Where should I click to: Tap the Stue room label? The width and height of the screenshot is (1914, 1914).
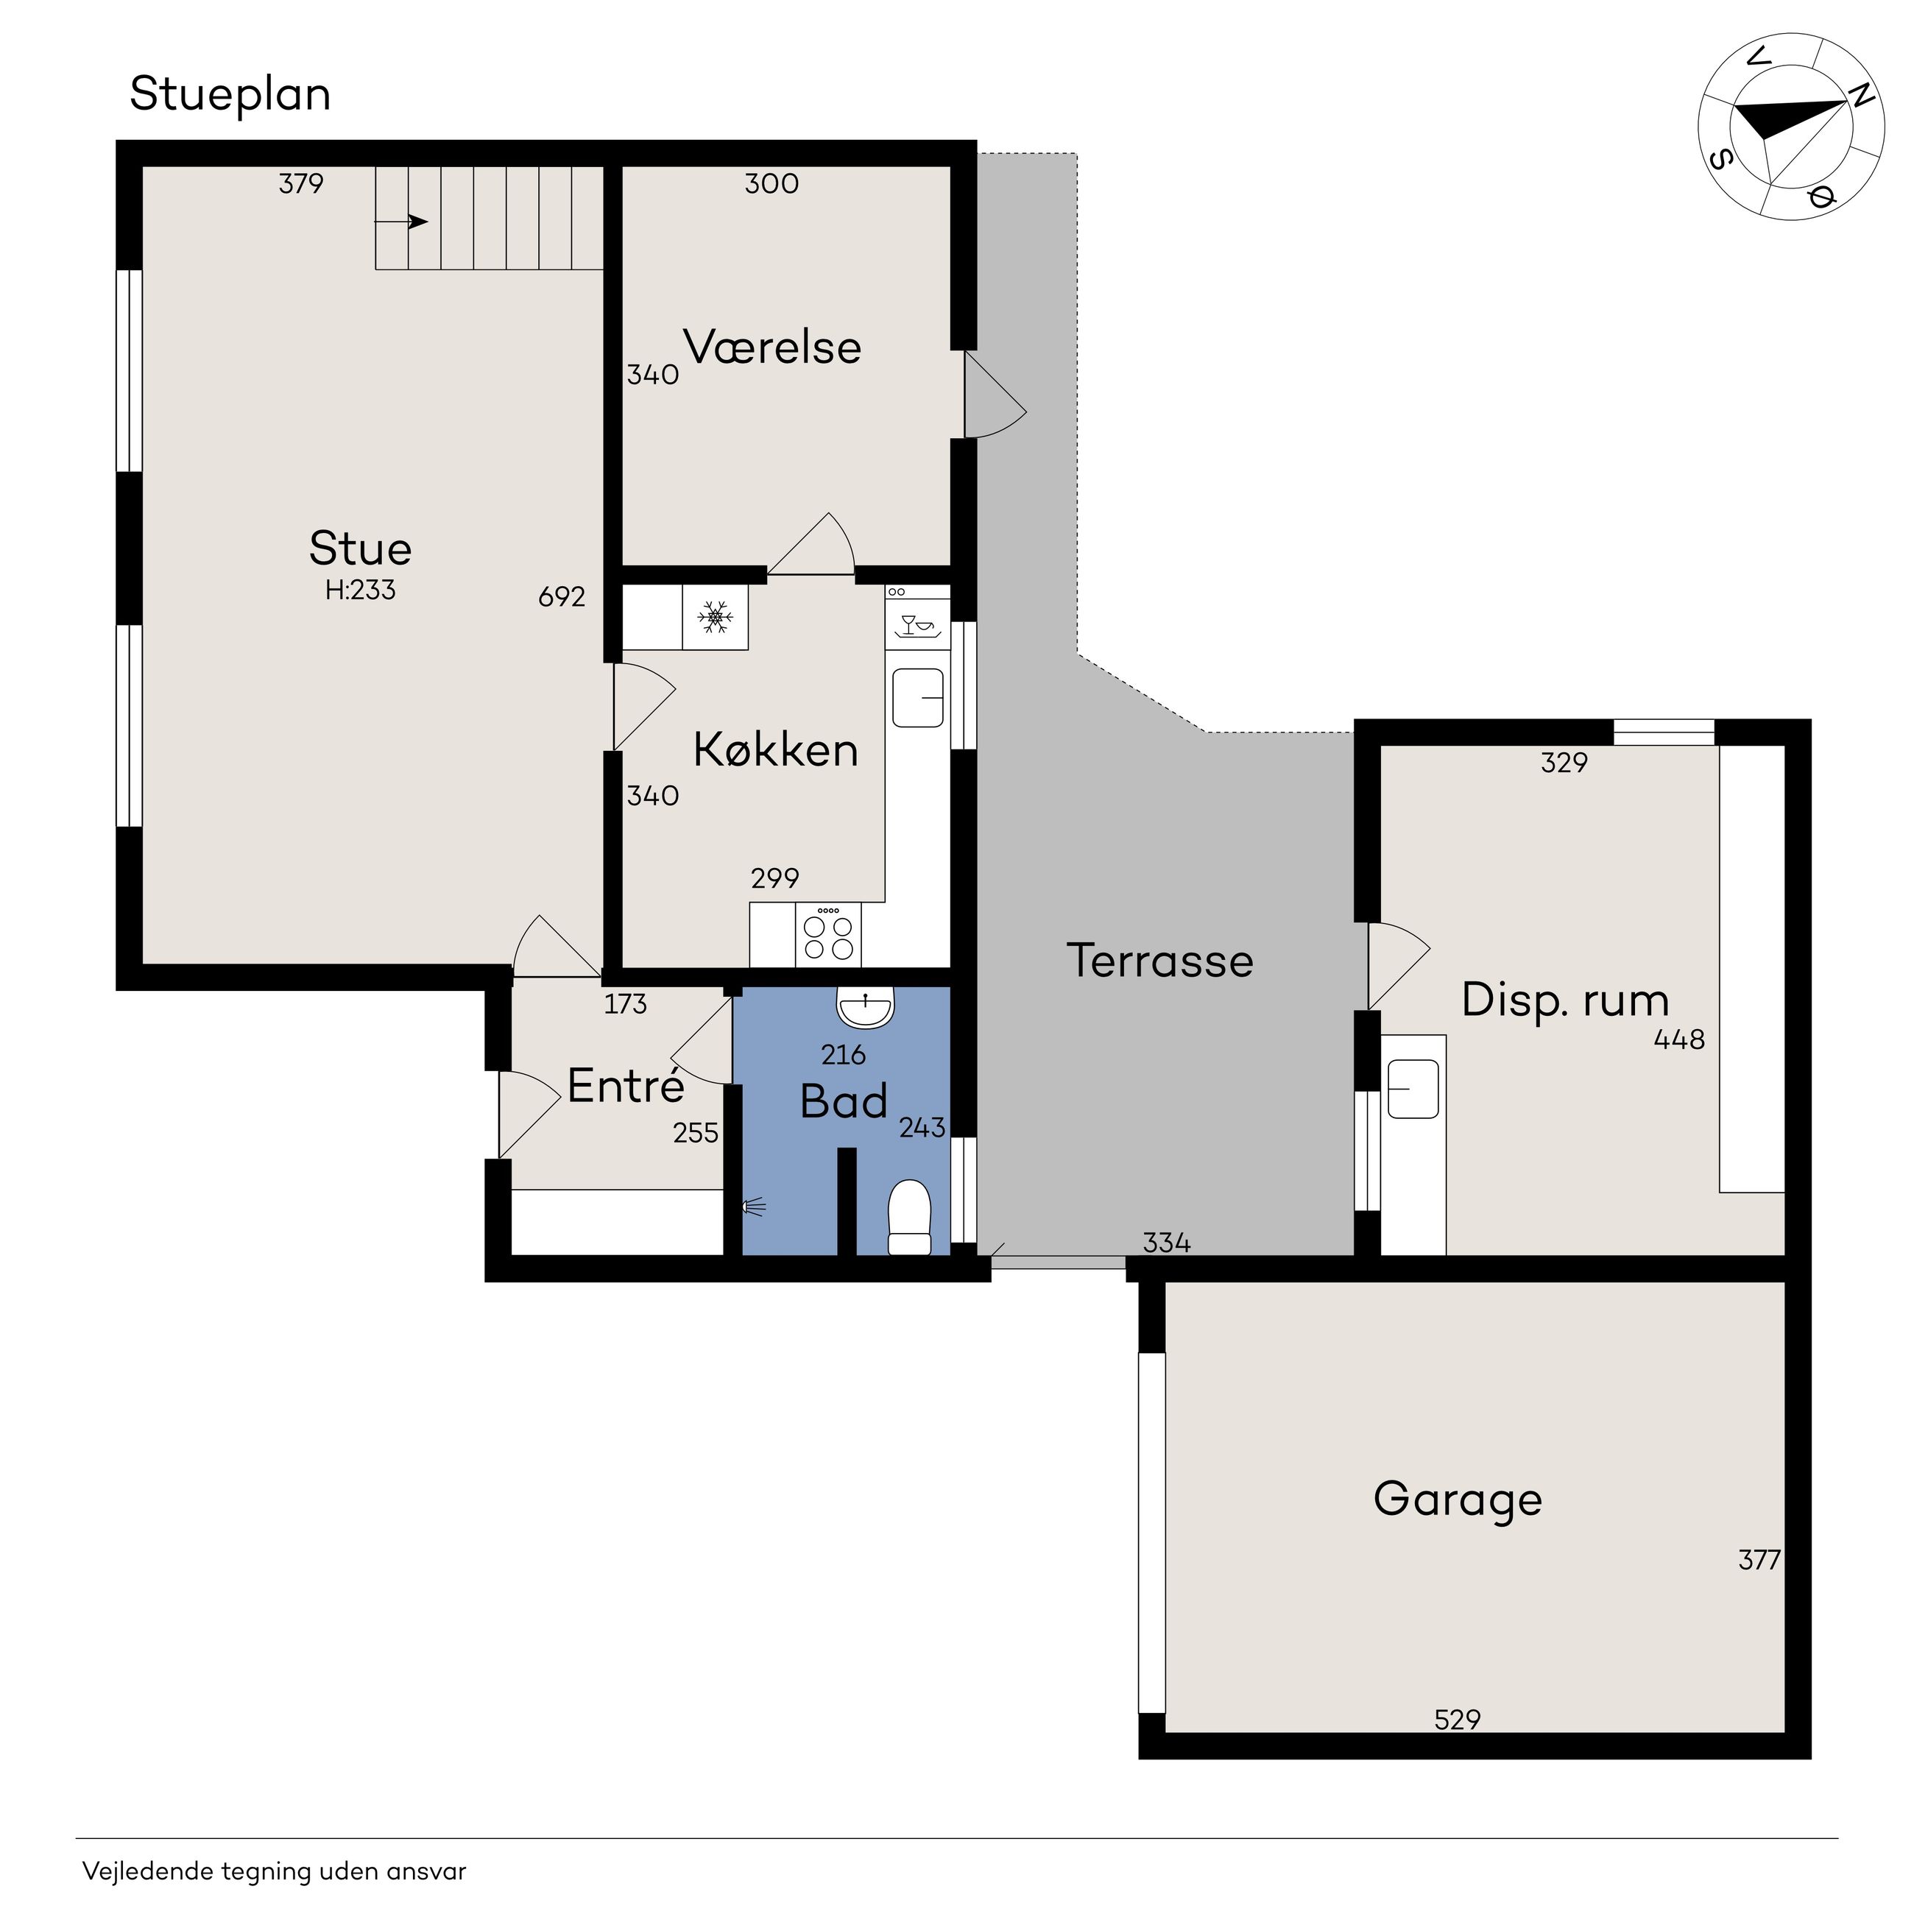pyautogui.click(x=360, y=548)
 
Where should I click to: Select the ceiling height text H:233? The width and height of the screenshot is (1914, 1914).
pyautogui.click(x=361, y=590)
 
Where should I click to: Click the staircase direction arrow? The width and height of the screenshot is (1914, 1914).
pyautogui.click(x=401, y=222)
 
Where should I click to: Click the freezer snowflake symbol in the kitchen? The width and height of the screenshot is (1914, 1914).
pyautogui.click(x=714, y=617)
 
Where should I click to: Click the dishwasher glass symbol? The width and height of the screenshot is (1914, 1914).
pyautogui.click(x=917, y=625)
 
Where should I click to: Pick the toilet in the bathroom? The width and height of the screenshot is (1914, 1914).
pyautogui.click(x=909, y=1217)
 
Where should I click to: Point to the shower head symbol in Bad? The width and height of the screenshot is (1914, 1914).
pyautogui.click(x=754, y=1207)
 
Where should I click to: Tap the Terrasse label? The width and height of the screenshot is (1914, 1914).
pyautogui.click(x=1160, y=960)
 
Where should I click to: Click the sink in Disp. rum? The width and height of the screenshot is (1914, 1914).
pyautogui.click(x=1413, y=1088)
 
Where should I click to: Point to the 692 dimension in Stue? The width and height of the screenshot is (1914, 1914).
pyautogui.click(x=562, y=596)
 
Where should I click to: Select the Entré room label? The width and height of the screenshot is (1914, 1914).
pyautogui.click(x=626, y=1086)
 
